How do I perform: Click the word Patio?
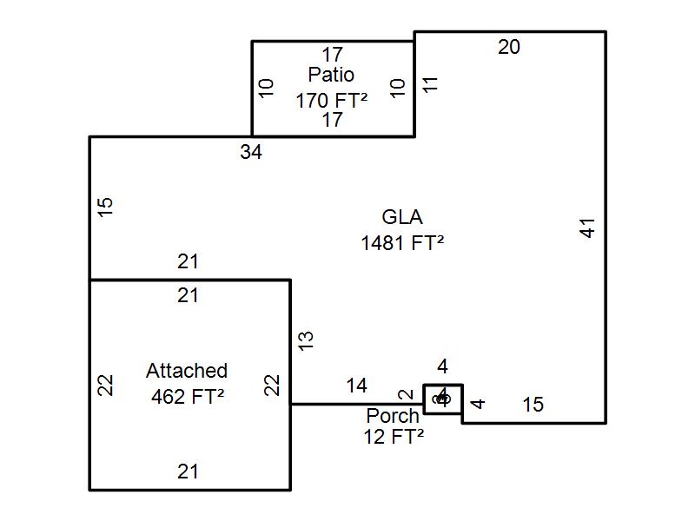[331, 76]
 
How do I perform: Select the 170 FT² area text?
[331, 100]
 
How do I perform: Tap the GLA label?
[402, 217]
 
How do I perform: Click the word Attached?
[187, 371]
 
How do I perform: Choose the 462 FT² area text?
[187, 395]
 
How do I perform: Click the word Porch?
[393, 416]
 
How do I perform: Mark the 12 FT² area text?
[394, 437]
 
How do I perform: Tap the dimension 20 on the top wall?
[509, 47]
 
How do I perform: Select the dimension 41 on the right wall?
[588, 228]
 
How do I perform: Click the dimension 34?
[251, 152]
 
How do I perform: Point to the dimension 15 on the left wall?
[105, 207]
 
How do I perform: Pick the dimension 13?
[305, 340]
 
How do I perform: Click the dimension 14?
[356, 386]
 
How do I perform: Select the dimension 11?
[430, 84]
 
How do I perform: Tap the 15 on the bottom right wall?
[533, 405]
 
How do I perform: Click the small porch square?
[443, 399]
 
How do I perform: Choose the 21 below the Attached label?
[189, 472]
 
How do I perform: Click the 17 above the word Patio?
[332, 56]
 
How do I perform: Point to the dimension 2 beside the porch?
[404, 397]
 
